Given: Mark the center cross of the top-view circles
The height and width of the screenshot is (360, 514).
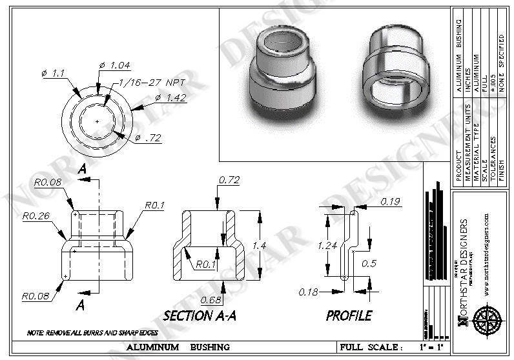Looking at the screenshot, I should point(96,121).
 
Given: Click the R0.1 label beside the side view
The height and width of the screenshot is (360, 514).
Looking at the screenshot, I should point(155,206).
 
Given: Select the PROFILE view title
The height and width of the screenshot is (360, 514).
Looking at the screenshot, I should point(349,316).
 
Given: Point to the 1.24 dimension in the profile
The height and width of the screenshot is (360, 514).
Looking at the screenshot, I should point(329,245).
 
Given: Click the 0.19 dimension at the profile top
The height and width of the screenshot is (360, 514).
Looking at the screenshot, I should point(390,201).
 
